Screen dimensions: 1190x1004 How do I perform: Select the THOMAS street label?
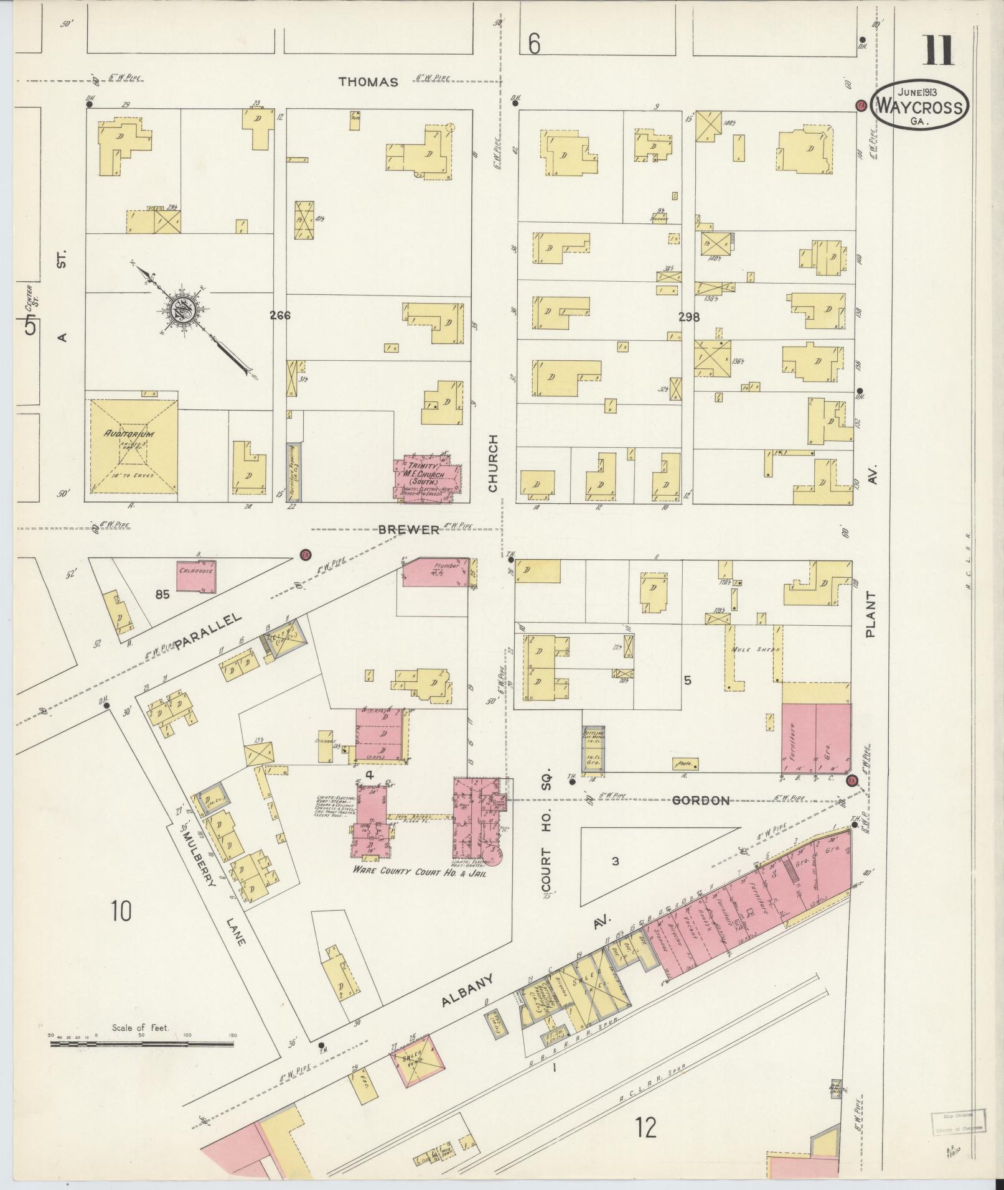pos(368,81)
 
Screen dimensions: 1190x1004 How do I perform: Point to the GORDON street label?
pos(702,801)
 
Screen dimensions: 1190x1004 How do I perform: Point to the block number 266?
pos(280,315)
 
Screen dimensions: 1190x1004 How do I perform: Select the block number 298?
pos(689,317)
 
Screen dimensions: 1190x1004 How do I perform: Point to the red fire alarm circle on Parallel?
pos(305,555)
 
